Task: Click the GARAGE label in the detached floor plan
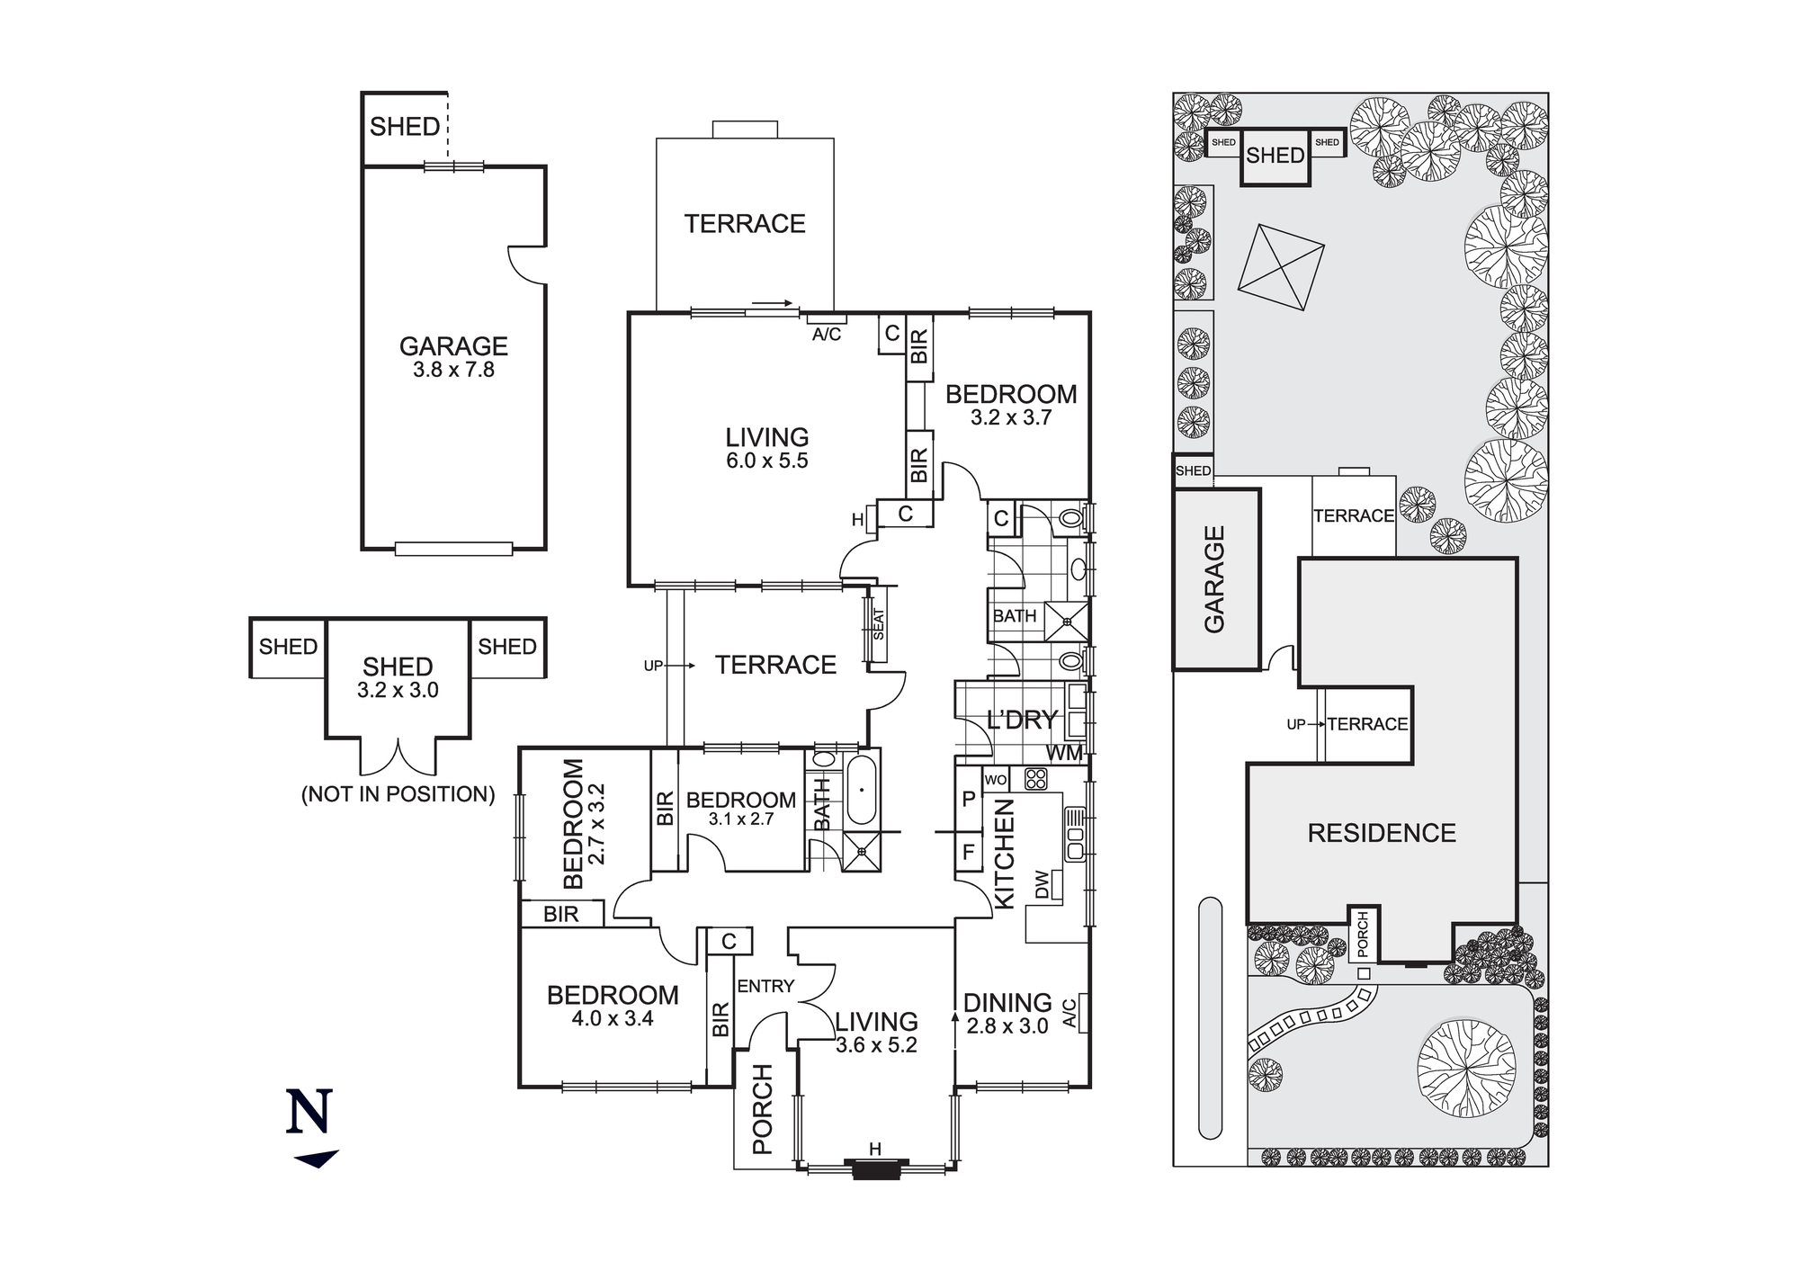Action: coord(453,346)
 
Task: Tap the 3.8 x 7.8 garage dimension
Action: coord(453,371)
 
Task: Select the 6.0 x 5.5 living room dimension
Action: coord(767,461)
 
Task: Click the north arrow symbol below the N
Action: coord(316,1159)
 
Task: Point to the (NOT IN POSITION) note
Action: coord(398,794)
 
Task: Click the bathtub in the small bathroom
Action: coord(861,790)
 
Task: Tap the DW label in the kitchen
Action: coord(1042,883)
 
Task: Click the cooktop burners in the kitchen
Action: coord(1035,779)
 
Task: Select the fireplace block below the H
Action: coord(875,1169)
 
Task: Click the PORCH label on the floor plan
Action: coord(763,1109)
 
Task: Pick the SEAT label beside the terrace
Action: coord(879,624)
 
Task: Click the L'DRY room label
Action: coord(1021,721)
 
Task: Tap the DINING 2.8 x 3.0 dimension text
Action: coord(1007,1026)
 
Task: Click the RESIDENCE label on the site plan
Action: coord(1381,833)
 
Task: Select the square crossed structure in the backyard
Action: coord(1281,268)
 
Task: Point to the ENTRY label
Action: coord(765,987)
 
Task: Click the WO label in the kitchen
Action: coord(995,780)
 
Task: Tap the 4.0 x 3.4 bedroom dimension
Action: coord(613,1019)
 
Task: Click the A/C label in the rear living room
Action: coord(827,335)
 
